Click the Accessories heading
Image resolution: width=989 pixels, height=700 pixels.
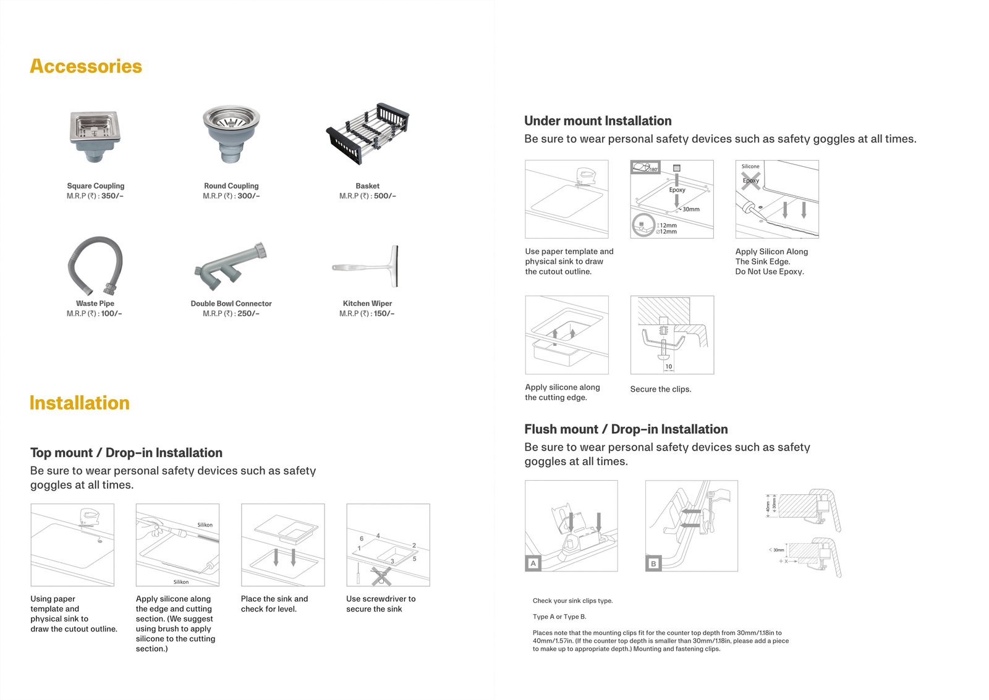pos(86,66)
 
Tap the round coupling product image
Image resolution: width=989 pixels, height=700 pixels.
pos(231,133)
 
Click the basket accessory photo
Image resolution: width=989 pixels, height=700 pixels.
pos(368,133)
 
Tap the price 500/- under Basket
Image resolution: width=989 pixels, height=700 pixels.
pos(384,196)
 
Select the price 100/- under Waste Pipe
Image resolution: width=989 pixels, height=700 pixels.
pos(111,313)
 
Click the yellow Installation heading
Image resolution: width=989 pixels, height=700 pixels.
pos(79,403)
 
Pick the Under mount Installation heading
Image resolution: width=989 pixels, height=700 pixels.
pos(598,121)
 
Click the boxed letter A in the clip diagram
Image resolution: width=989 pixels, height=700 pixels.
pos(533,563)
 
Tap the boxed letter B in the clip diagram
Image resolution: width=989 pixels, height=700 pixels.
pos(653,563)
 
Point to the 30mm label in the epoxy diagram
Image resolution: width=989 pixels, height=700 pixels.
pos(691,209)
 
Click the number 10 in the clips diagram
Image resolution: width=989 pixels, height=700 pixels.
pos(668,366)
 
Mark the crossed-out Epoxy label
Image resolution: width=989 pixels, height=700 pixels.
pos(750,180)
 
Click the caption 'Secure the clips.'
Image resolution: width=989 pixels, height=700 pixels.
pos(661,389)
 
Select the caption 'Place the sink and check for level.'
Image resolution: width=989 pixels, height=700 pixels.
pos(274,604)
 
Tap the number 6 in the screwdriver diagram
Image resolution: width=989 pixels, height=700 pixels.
pos(362,539)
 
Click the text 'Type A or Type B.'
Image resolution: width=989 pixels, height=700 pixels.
pos(559,617)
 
